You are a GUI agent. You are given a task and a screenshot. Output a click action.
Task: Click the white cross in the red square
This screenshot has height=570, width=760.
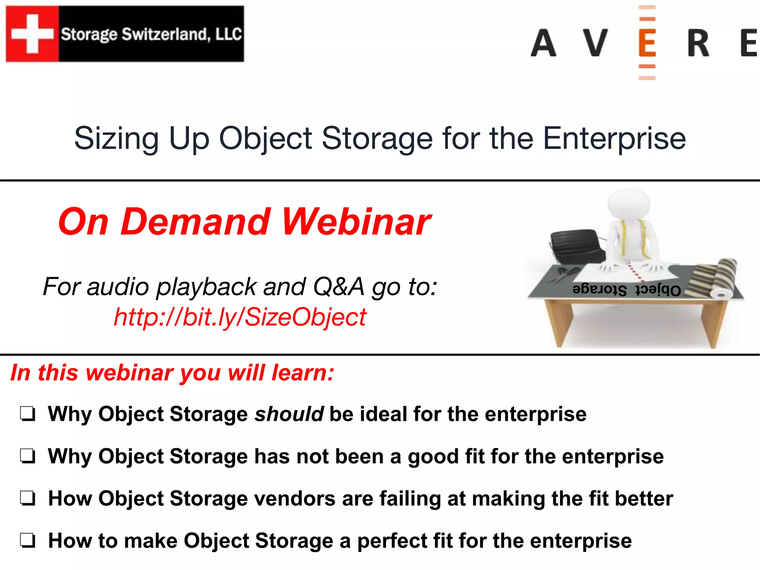(x=32, y=33)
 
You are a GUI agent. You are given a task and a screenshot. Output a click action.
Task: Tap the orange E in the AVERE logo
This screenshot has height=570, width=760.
(x=647, y=43)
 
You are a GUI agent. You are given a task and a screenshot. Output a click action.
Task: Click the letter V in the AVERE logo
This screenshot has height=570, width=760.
(x=595, y=43)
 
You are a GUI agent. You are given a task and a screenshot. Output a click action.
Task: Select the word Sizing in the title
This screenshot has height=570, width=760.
(x=117, y=139)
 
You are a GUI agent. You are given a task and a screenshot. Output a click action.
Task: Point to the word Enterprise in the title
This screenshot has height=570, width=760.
(x=614, y=139)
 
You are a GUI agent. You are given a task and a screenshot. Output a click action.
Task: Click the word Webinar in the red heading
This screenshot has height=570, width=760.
(x=356, y=222)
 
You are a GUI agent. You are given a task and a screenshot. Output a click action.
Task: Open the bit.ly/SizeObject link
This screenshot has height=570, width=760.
(x=240, y=317)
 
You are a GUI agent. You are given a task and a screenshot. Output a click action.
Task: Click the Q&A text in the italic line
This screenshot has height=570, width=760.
(x=338, y=287)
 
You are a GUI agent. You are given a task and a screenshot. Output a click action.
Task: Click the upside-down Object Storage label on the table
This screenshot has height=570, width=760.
(x=627, y=290)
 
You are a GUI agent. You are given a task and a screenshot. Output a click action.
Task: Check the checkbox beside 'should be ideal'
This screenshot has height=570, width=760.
(x=28, y=414)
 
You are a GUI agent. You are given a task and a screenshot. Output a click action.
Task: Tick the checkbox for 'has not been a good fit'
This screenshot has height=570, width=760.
(x=28, y=456)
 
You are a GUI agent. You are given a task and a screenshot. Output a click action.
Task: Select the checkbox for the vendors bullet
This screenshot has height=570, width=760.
(x=28, y=499)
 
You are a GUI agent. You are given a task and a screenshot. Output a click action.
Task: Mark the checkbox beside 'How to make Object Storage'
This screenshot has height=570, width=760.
(x=28, y=541)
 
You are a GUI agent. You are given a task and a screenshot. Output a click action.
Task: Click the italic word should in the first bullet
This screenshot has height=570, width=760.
(x=289, y=414)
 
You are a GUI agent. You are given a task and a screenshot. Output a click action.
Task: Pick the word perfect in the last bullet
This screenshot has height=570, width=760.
(x=392, y=541)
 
